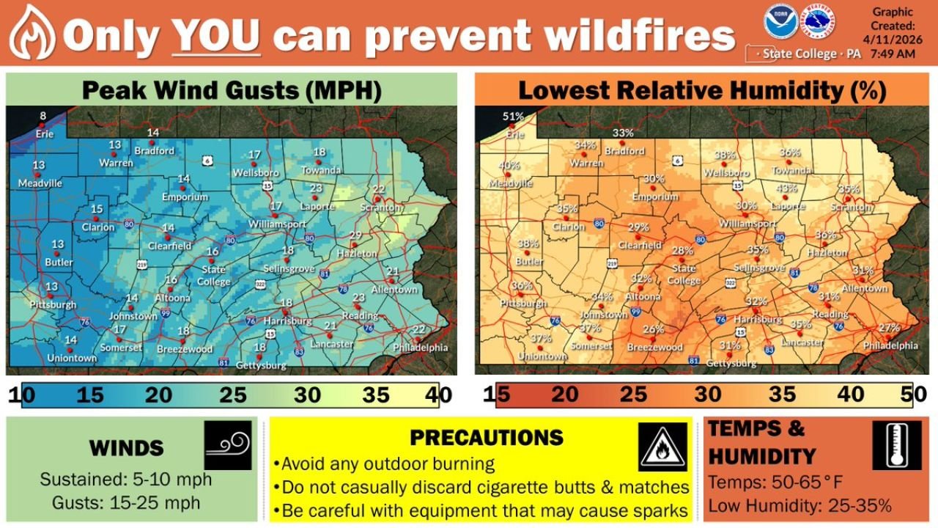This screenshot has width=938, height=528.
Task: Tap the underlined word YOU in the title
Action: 216,34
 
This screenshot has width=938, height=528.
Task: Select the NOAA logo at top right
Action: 778,22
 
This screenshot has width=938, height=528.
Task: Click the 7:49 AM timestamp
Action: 893,54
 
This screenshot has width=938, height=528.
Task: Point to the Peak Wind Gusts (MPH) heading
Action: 231,91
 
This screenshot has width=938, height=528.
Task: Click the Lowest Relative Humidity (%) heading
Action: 702,91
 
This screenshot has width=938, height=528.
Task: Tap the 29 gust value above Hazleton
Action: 355,235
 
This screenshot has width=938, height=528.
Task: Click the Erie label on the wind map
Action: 45,134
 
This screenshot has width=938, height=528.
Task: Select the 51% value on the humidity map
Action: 514,116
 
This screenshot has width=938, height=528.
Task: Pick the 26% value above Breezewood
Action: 654,329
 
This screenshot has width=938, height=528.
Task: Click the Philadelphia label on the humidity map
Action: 890,345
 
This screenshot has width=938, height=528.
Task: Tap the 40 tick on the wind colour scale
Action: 442,395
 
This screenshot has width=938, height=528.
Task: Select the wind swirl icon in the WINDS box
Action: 228,444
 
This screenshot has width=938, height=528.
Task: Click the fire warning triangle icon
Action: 662,447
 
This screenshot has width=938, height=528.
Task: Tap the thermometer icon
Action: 896,445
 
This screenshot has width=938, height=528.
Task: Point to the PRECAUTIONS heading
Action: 486,438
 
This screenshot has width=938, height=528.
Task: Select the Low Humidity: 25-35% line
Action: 799,505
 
